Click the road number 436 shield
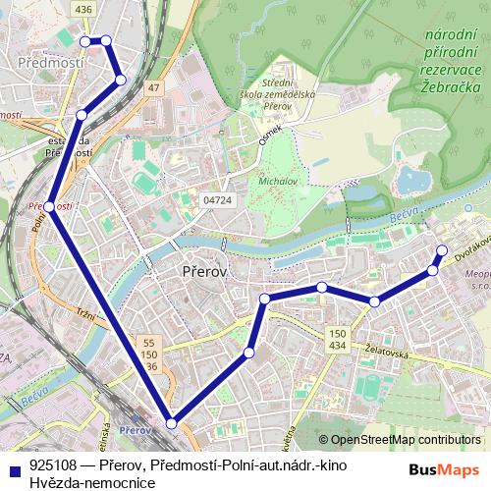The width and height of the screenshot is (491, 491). point(83,9)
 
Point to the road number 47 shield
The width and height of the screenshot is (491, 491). point(153,88)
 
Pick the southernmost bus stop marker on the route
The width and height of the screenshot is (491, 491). point(172,423)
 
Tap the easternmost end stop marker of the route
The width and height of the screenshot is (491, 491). point(442,249)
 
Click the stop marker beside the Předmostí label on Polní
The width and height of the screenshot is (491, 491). point(48,206)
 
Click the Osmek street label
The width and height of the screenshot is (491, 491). point(270,135)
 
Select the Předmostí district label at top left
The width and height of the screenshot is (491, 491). point(44,62)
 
